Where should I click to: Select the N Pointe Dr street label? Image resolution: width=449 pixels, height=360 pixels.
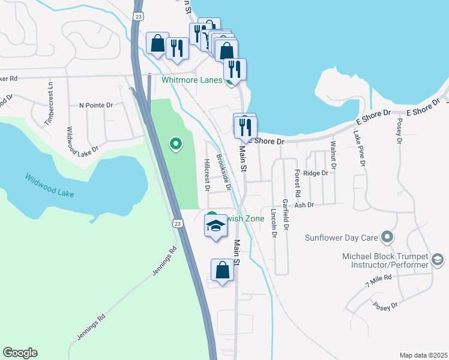96,105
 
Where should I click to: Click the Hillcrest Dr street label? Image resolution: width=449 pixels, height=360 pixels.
206,175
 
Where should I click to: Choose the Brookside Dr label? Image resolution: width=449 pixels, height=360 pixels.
224,173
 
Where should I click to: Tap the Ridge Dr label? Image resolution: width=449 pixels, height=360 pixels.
316,173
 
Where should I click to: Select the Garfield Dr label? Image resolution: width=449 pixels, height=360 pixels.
286,215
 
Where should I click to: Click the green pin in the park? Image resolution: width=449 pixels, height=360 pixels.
176,144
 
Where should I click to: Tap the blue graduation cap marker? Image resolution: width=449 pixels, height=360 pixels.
216,226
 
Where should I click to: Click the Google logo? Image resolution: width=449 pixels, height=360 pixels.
20,353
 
